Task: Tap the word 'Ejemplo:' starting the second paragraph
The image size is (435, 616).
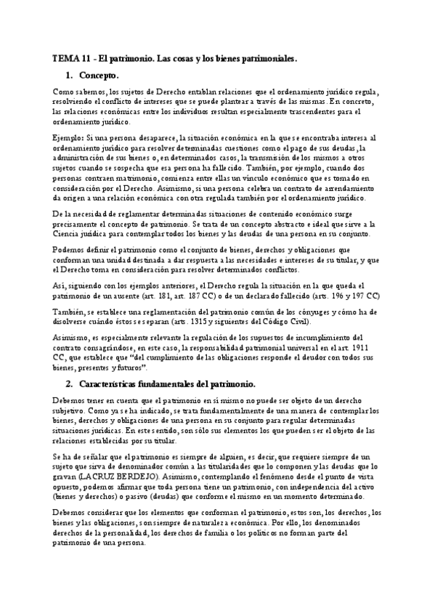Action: point(69,137)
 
